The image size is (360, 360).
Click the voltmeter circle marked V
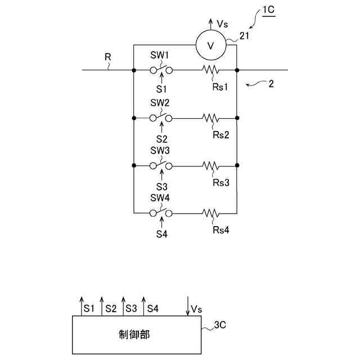pos(210,46)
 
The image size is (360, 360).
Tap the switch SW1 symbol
pos(161,70)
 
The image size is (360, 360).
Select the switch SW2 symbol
pos(161,118)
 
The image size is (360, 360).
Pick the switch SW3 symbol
pos(161,166)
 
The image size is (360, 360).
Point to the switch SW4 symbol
pos(161,213)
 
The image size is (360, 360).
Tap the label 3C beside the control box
pos(220,325)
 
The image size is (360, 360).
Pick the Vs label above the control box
pos(196,309)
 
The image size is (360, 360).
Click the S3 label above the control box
pos(131,309)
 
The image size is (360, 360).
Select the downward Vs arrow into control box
pos(187,306)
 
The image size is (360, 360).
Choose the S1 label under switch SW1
pos(162,89)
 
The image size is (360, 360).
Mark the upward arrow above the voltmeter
pos(210,24)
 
